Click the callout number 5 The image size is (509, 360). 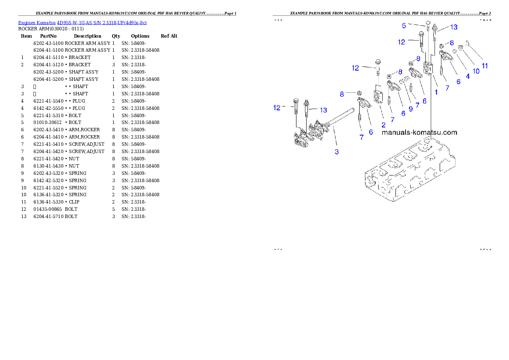(x=403, y=26)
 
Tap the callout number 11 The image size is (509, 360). (x=485, y=66)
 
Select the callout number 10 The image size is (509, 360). (x=476, y=71)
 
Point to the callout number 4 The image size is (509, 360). (x=468, y=76)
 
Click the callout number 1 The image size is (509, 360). (x=436, y=91)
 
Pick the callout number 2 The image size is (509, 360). (x=383, y=124)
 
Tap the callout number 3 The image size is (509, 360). (x=337, y=152)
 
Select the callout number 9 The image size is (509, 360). (x=410, y=109)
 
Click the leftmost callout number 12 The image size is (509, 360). (x=277, y=108)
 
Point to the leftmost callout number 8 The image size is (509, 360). (x=342, y=93)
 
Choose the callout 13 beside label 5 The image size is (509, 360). (x=453, y=27)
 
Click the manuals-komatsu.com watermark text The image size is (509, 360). (x=419, y=133)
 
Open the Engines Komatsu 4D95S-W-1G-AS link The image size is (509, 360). (x=82, y=23)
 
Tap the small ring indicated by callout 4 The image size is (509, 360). (x=455, y=51)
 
